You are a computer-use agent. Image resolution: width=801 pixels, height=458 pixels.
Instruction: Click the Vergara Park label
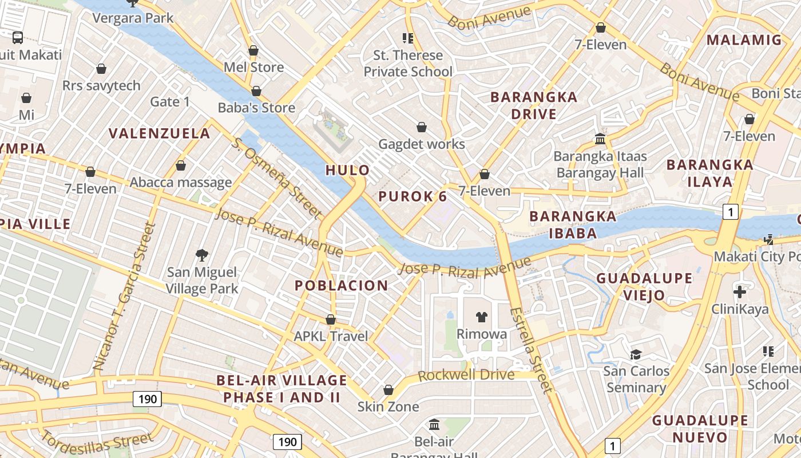point(133,18)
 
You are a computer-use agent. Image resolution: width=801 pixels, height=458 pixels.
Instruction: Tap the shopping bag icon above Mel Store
point(253,51)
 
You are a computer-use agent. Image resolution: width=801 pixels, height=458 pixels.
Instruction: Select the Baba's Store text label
point(256,108)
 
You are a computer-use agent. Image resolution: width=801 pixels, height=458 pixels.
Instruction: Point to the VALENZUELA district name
point(160,133)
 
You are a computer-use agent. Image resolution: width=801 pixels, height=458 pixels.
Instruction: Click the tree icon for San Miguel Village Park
point(201,255)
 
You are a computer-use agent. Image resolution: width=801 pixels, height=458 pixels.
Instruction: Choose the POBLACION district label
point(341,285)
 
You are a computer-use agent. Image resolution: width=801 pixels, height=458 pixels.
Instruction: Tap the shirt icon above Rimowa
point(481,317)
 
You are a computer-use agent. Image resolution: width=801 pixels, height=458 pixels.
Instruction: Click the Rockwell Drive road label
point(466,376)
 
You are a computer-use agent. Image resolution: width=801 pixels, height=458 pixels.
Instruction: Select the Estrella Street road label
point(532,350)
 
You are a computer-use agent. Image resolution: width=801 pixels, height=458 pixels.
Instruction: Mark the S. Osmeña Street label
point(276,177)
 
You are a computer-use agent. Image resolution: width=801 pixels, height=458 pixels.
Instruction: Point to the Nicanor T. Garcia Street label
point(124,295)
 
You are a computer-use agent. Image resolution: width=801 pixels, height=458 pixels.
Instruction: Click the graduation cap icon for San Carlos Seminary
point(636,354)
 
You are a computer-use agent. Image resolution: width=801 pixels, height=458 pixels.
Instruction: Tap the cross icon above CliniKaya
point(740,292)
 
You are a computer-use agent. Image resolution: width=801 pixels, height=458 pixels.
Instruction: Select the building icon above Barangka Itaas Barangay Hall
point(600,139)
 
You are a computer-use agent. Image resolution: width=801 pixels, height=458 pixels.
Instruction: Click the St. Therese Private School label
point(408,64)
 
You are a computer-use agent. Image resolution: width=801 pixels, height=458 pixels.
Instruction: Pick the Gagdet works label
point(422,144)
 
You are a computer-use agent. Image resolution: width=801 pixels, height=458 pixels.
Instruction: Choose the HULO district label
point(347,170)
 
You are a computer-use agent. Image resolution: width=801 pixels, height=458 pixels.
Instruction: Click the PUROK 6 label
point(413,196)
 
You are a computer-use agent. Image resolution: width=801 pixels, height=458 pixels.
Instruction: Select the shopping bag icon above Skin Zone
point(388,390)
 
